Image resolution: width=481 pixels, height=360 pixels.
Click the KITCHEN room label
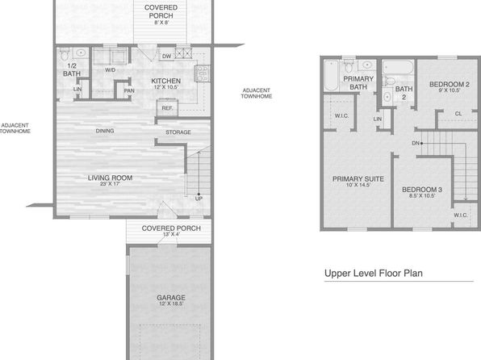[165, 81]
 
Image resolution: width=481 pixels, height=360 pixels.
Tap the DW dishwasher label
[166, 57]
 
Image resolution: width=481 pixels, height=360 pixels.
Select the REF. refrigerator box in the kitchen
[167, 107]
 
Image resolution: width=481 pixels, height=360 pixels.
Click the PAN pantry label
[129, 90]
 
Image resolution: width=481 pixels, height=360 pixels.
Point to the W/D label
[110, 70]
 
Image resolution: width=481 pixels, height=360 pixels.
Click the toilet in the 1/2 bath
[65, 54]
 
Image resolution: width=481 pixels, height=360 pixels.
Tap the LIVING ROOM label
[110, 178]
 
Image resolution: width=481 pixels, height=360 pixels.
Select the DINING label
[105, 131]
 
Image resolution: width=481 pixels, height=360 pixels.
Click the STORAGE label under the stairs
[178, 132]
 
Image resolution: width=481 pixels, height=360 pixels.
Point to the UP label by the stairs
[199, 199]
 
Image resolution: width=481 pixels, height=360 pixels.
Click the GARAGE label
[171, 297]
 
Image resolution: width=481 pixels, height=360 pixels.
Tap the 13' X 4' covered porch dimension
[171, 234]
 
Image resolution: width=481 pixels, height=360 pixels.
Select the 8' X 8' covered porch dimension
[161, 23]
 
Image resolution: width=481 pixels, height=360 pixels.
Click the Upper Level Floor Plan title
[374, 273]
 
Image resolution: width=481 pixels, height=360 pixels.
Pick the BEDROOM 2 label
[450, 84]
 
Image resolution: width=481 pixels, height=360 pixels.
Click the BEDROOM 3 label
[422, 190]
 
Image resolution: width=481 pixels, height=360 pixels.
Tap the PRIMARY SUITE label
[358, 178]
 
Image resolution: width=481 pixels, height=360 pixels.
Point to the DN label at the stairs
[416, 143]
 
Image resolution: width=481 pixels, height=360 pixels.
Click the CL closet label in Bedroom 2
[458, 114]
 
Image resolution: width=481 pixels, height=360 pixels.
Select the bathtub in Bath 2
[398, 68]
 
